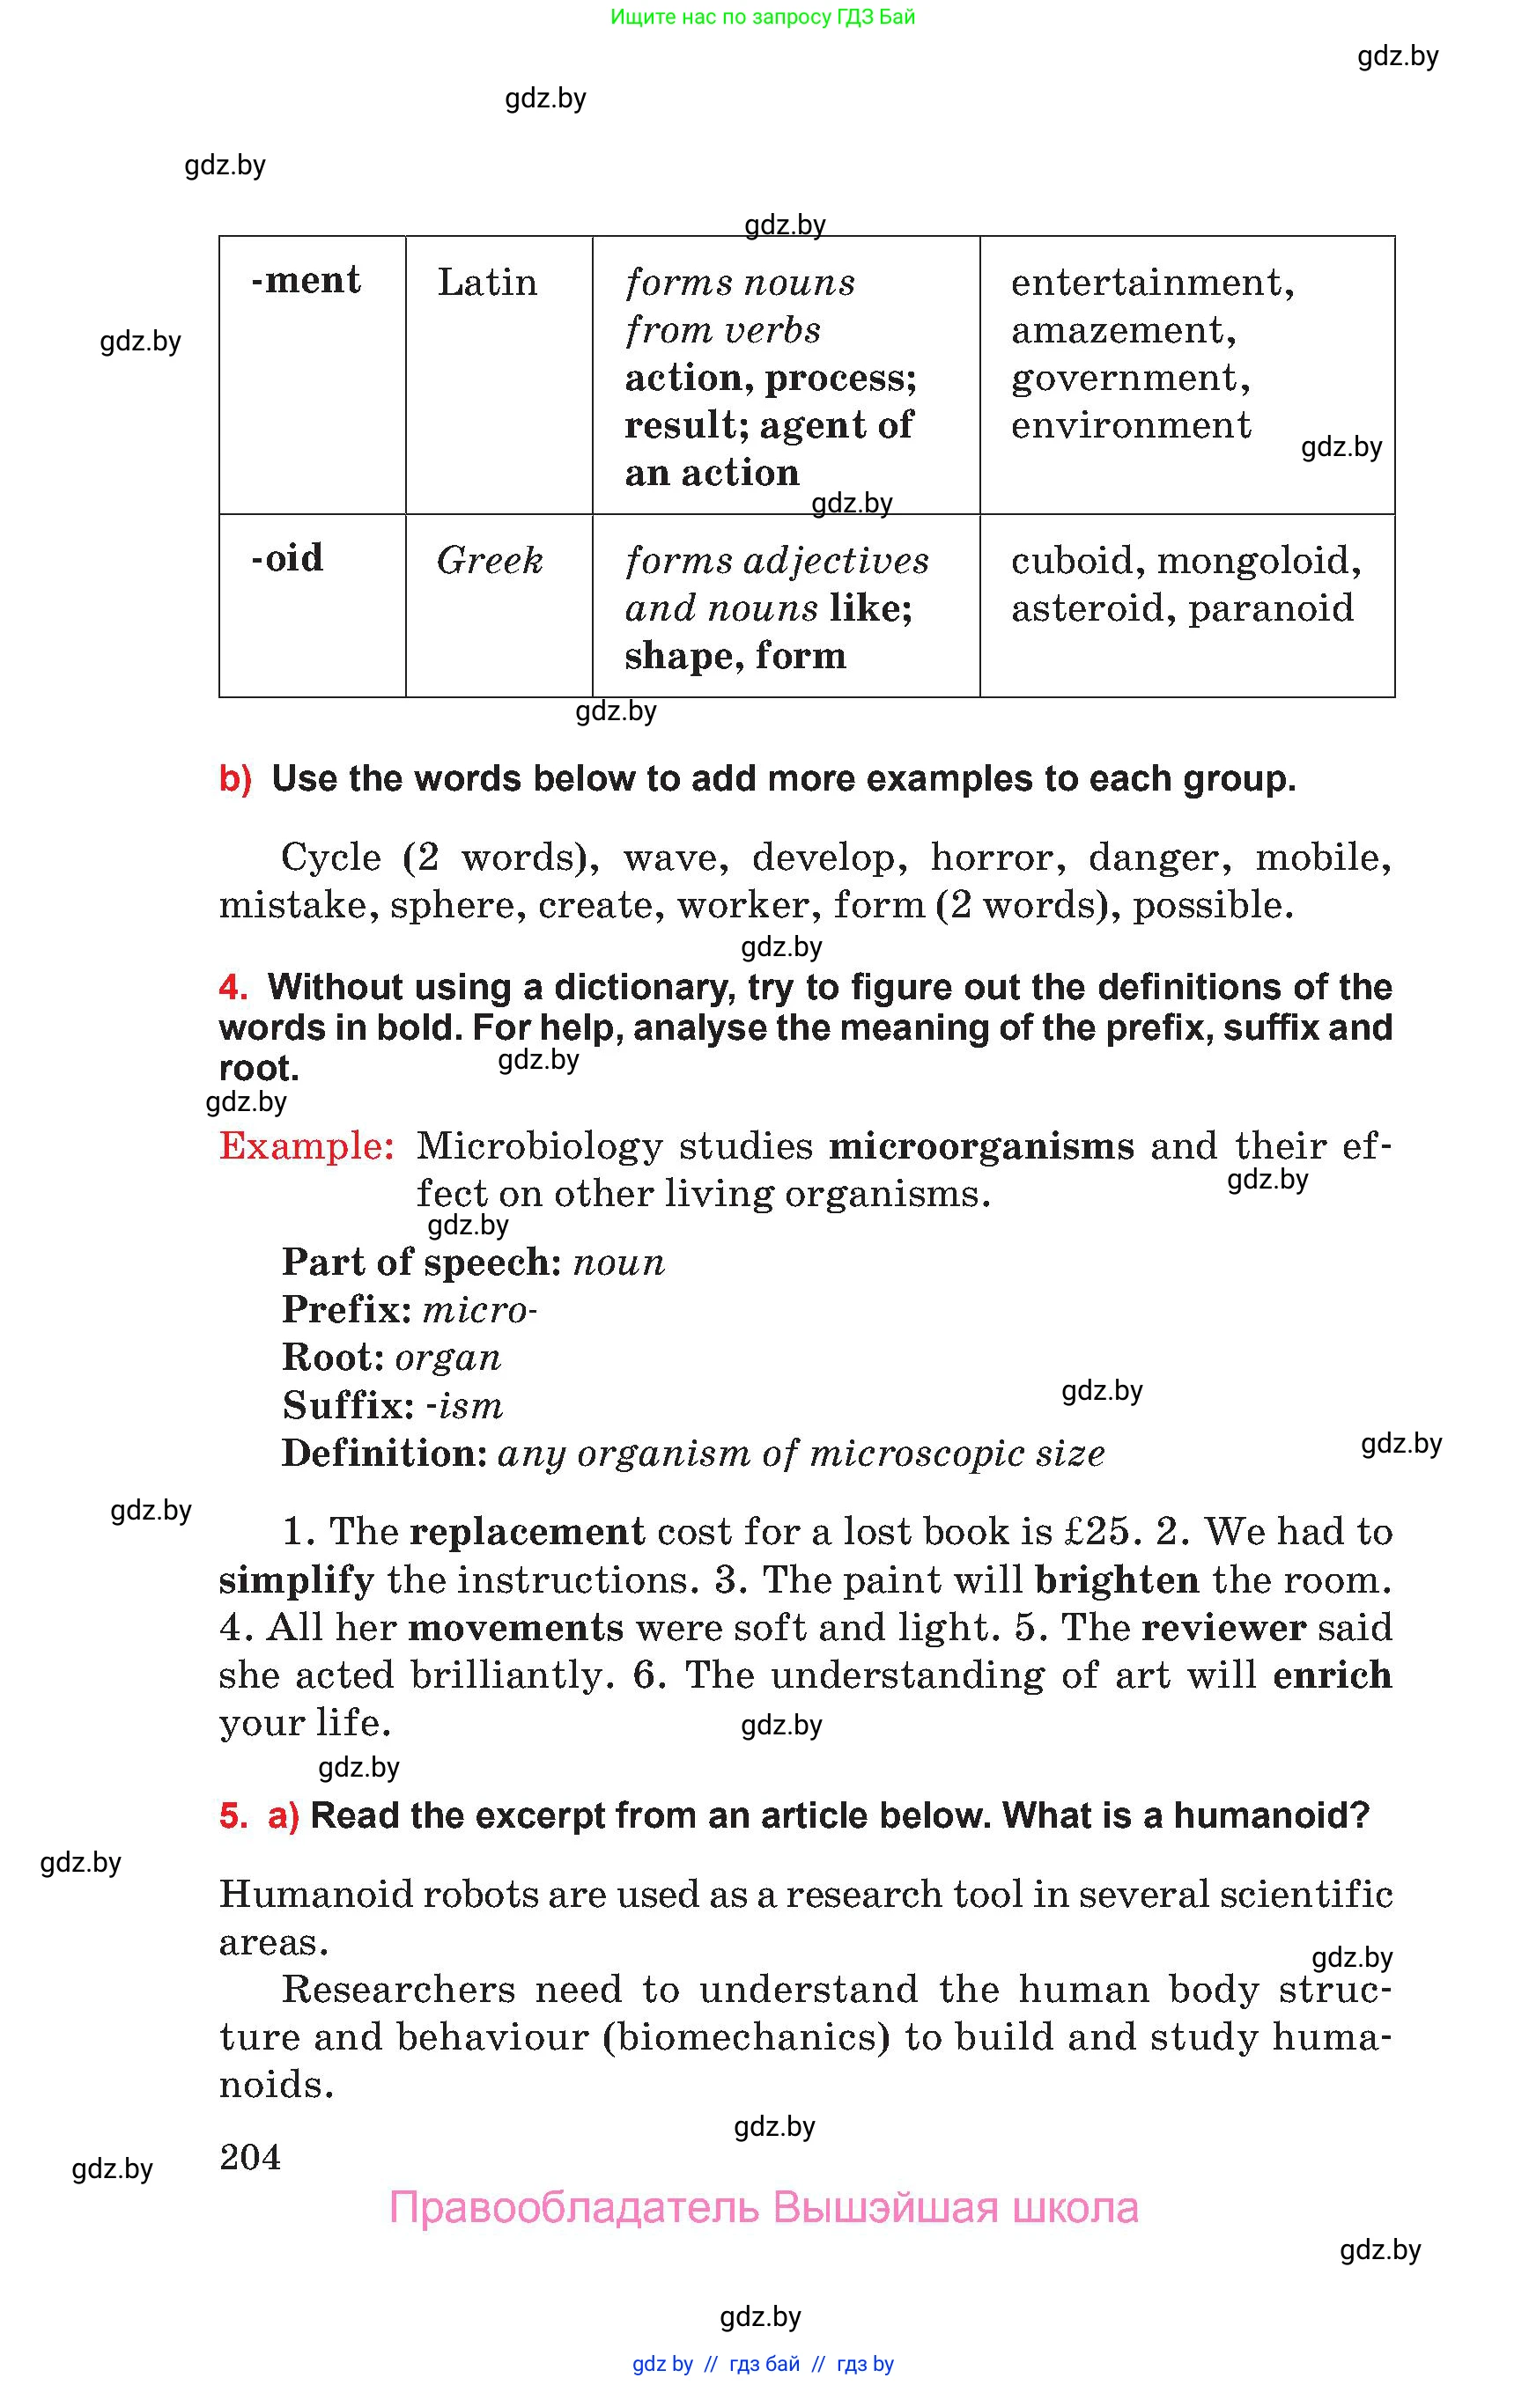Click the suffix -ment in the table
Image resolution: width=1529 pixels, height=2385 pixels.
(306, 281)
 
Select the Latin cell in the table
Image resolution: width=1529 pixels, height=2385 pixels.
(486, 283)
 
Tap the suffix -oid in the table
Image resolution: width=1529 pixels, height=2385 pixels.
(287, 559)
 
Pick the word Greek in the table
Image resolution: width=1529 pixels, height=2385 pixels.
(490, 562)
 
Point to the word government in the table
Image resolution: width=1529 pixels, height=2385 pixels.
(1130, 379)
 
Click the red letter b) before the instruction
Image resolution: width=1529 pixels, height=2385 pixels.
(235, 779)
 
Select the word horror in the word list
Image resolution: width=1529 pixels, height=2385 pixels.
(997, 858)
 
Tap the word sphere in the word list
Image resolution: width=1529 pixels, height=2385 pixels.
(457, 905)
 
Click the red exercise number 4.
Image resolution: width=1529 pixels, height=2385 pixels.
(233, 988)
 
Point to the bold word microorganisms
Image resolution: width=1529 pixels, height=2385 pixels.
(981, 1147)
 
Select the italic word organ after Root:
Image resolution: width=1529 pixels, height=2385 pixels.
(447, 1358)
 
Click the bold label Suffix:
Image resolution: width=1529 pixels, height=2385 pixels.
(348, 1405)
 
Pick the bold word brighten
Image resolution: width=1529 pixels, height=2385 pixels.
(1116, 1580)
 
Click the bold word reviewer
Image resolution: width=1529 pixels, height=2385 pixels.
(1223, 1628)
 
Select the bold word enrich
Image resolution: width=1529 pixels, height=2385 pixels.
(1332, 1675)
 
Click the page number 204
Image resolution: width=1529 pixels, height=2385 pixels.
(250, 2157)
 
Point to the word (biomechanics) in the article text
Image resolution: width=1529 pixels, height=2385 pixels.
(746, 2037)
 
